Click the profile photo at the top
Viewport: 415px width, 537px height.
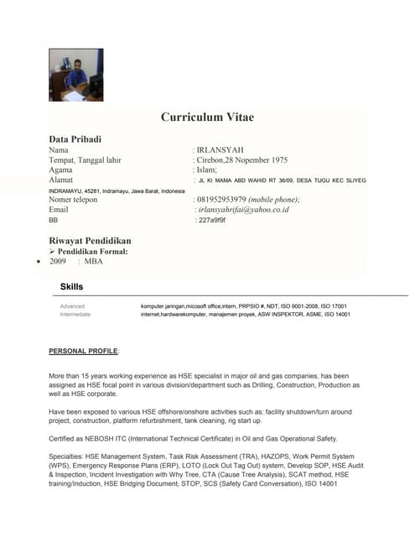(x=76, y=75)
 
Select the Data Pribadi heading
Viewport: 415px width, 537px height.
(x=75, y=138)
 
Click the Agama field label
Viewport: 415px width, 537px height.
(x=61, y=169)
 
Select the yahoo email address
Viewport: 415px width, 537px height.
(x=242, y=210)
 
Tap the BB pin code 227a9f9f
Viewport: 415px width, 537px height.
(x=212, y=220)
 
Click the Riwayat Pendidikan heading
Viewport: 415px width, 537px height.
(x=90, y=240)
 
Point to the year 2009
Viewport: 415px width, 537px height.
(x=58, y=261)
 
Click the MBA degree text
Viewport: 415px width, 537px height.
(x=92, y=261)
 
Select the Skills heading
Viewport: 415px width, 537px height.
(x=71, y=287)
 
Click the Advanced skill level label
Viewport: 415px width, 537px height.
(x=72, y=306)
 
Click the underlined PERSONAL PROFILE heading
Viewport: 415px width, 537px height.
(x=84, y=349)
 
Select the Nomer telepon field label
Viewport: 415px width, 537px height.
(x=74, y=200)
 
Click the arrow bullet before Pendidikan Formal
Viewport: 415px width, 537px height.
(x=52, y=251)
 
